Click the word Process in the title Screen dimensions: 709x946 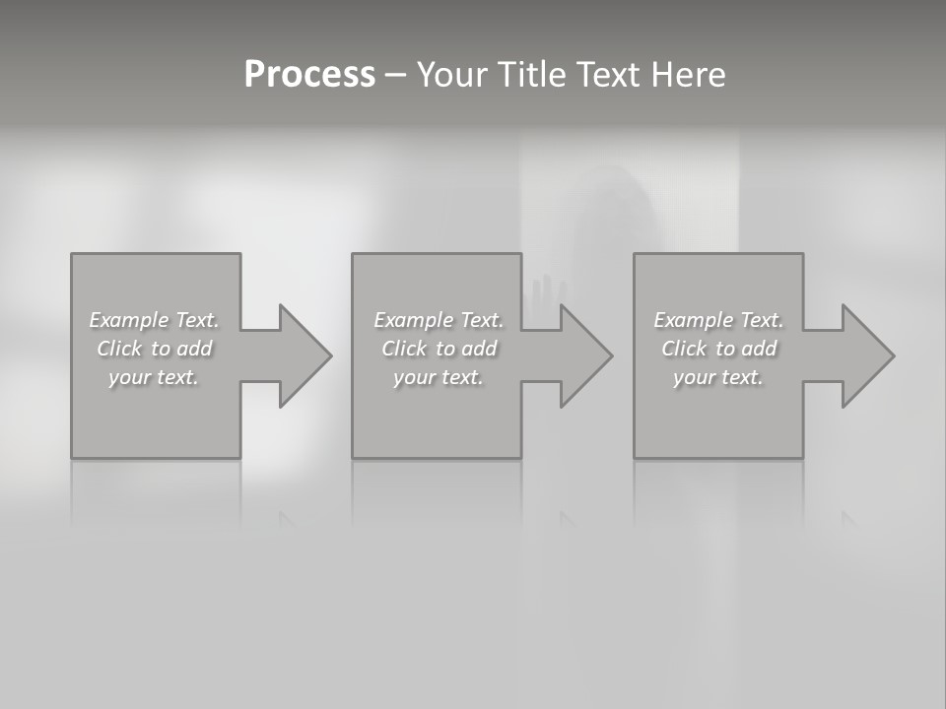[x=309, y=75]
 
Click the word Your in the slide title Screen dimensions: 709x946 [x=453, y=75]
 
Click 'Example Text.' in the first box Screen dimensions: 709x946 [x=154, y=320]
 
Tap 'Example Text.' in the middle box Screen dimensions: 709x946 [x=438, y=320]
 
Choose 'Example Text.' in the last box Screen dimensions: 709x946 [x=718, y=320]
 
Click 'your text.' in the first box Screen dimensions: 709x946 [x=154, y=377]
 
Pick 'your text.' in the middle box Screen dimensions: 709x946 [x=438, y=377]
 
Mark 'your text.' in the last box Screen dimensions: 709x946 [x=718, y=377]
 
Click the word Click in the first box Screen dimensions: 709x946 [x=119, y=349]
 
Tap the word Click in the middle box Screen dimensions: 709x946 [x=404, y=349]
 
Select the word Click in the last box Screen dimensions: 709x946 [x=684, y=349]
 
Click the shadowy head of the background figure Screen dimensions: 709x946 [x=616, y=202]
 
